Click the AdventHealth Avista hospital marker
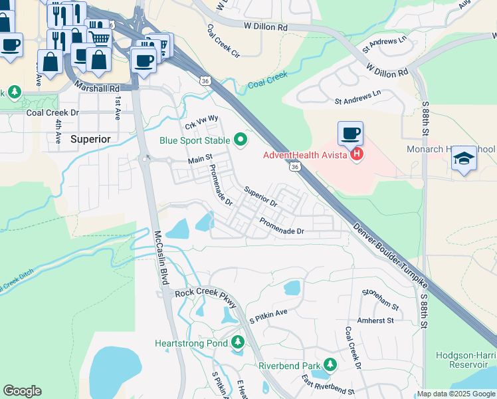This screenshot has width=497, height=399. click(x=357, y=155)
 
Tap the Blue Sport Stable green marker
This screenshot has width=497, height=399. click(x=241, y=140)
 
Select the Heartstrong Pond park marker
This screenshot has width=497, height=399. click(x=239, y=343)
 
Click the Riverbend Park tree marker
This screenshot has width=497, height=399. click(x=330, y=365)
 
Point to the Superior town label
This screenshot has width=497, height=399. click(x=90, y=139)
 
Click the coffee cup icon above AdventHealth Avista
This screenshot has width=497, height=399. click(x=350, y=133)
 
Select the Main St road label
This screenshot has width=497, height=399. click(x=199, y=160)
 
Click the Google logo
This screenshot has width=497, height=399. click(x=23, y=391)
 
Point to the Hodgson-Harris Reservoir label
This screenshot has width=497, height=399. click(x=466, y=360)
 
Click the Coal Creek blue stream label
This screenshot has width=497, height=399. click(x=268, y=80)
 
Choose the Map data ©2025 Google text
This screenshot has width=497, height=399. click(x=456, y=394)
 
